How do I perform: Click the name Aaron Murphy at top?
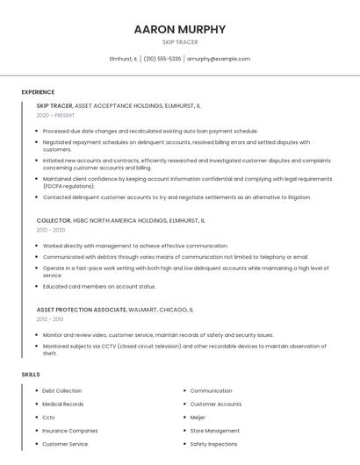click(x=180, y=29)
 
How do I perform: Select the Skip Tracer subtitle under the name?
click(x=180, y=42)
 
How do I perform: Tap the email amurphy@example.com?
click(x=219, y=59)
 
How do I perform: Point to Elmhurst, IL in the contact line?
click(x=123, y=59)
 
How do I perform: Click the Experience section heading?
click(x=38, y=92)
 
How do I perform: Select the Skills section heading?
click(x=31, y=375)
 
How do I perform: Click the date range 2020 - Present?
click(x=55, y=116)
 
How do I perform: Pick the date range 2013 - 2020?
click(x=51, y=230)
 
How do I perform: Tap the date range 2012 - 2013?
click(x=51, y=319)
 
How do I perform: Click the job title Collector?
click(x=54, y=221)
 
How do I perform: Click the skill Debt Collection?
click(x=61, y=390)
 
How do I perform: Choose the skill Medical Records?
click(x=63, y=404)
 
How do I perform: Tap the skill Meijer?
click(x=198, y=418)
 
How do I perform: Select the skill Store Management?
click(x=214, y=431)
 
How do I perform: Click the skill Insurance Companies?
click(x=70, y=431)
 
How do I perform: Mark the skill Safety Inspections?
click(x=213, y=444)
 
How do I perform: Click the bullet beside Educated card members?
click(x=38, y=286)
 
